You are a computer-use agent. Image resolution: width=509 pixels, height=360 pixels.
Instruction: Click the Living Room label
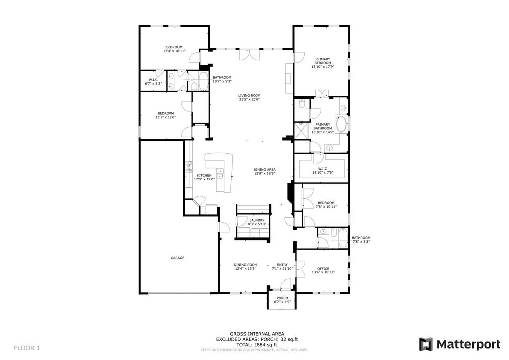click(x=250, y=96)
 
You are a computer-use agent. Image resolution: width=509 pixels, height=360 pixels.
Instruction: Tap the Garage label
click(x=177, y=258)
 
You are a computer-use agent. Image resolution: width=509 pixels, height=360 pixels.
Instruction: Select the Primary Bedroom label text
click(x=323, y=61)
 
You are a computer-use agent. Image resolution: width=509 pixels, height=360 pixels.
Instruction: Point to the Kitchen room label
click(x=204, y=176)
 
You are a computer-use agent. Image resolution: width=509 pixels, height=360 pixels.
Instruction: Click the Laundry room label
click(x=257, y=220)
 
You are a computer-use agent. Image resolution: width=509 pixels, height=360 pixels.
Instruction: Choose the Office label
click(x=323, y=269)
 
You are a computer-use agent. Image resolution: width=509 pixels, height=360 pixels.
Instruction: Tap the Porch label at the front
click(x=282, y=298)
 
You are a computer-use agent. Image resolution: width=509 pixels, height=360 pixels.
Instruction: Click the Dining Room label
click(x=246, y=265)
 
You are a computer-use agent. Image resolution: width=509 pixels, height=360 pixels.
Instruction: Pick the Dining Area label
click(x=265, y=170)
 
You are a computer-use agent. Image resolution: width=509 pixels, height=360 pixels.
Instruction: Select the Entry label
click(x=282, y=265)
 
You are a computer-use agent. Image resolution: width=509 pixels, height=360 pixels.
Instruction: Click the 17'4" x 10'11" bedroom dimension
click(x=174, y=51)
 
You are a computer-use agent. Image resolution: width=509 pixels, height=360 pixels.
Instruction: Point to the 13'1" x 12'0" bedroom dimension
click(x=166, y=117)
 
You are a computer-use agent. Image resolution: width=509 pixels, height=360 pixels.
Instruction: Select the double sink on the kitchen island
click(x=220, y=173)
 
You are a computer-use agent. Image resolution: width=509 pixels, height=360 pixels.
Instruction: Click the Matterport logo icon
click(x=425, y=344)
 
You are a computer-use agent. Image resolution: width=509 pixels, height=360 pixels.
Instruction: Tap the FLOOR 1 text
click(x=27, y=348)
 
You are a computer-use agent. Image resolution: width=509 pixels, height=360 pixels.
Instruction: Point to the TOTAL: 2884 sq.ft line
click(x=257, y=345)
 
